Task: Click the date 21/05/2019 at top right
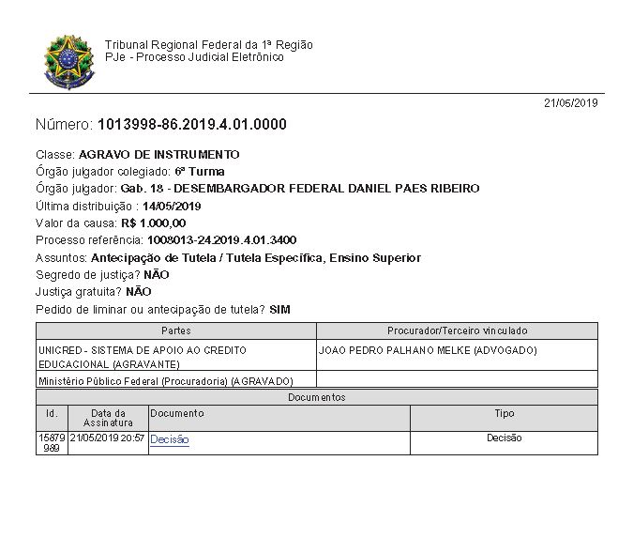tap(570, 103)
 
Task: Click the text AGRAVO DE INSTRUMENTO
tap(159, 154)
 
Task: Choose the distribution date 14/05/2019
tap(173, 206)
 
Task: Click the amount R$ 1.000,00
tap(154, 223)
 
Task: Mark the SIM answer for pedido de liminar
tap(279, 309)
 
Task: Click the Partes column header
tap(176, 330)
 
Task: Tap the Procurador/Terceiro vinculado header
tap(457, 330)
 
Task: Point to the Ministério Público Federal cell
tap(165, 381)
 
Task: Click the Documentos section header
tap(316, 397)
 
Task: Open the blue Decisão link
tap(170, 439)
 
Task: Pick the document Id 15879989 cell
tap(51, 443)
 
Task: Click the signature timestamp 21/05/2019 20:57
tap(107, 438)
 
